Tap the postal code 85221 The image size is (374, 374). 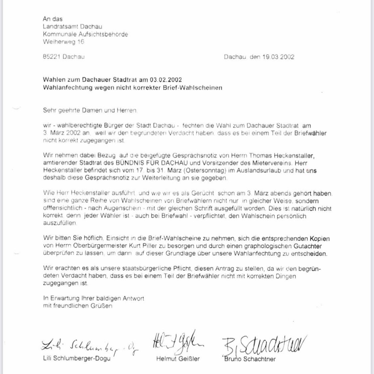[x=51, y=57]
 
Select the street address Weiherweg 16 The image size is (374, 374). [x=63, y=42]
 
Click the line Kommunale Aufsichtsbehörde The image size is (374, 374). [x=85, y=34]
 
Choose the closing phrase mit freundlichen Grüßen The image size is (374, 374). [x=78, y=306]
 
